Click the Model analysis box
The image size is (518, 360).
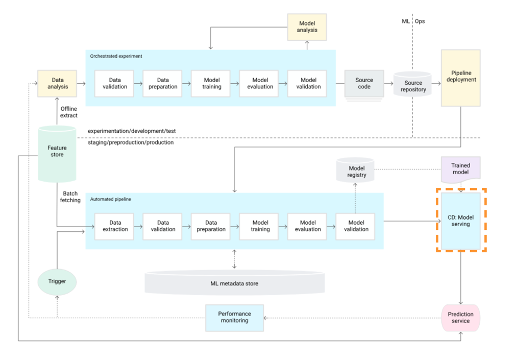tap(307, 27)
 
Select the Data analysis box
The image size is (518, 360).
tap(57, 84)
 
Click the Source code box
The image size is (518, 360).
tap(364, 84)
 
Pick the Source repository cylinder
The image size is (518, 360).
tap(413, 86)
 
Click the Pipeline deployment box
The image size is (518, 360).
tap(460, 77)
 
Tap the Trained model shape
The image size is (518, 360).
tap(460, 169)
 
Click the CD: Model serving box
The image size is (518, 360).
tap(461, 221)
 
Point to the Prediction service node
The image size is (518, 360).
tap(460, 318)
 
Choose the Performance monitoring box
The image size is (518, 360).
tap(235, 317)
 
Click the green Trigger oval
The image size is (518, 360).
tap(57, 281)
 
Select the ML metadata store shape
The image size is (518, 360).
tap(234, 283)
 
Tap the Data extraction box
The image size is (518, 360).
tap(115, 226)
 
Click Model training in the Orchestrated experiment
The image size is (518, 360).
tap(211, 83)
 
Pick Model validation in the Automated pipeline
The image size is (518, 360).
tap(356, 226)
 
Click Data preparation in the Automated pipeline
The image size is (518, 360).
tap(211, 226)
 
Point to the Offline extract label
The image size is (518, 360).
tap(69, 112)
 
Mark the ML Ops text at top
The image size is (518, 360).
tap(413, 21)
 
